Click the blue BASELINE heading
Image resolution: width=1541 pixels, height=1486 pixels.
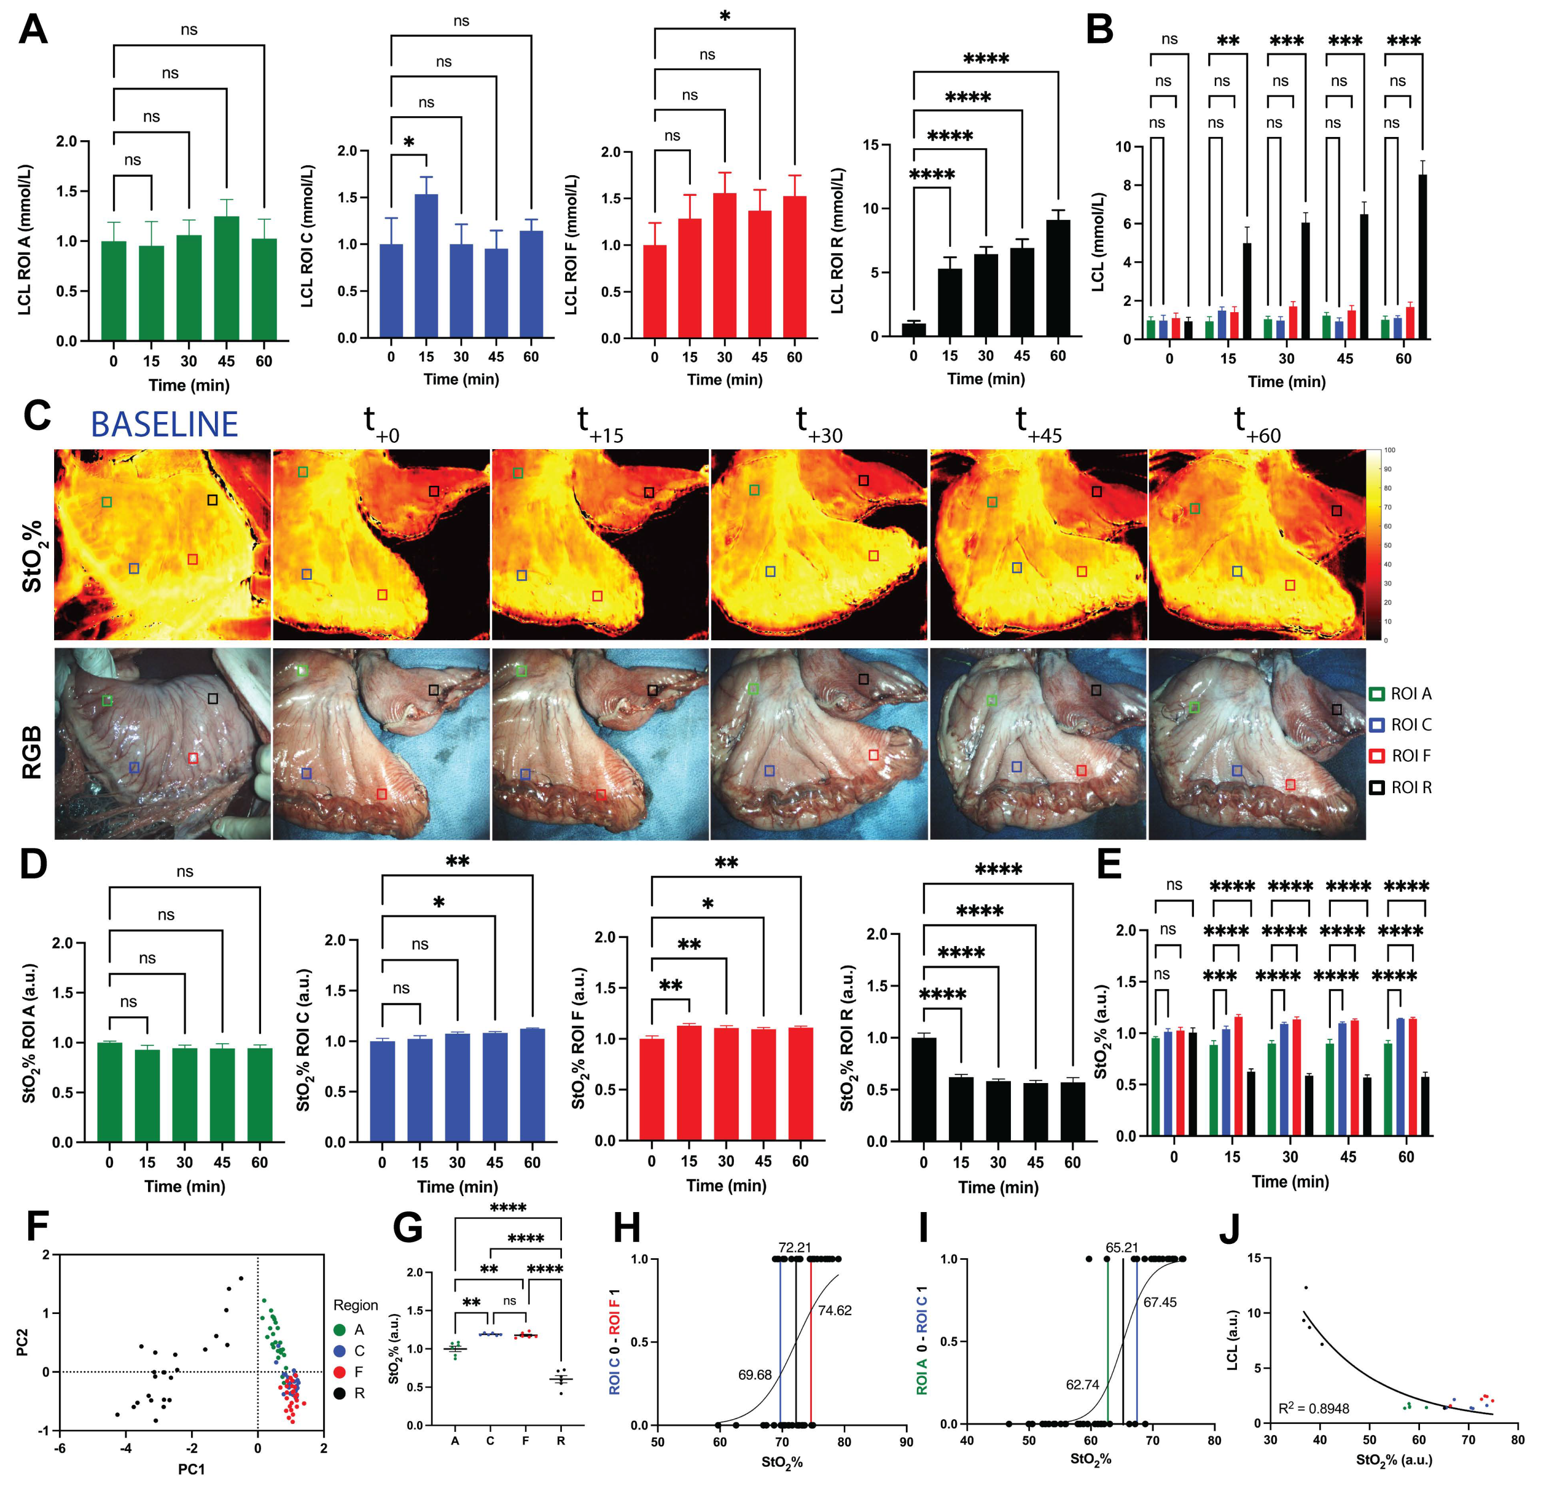(165, 425)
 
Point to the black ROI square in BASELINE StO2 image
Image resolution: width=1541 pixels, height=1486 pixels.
(212, 500)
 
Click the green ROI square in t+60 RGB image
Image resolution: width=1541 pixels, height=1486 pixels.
(1194, 708)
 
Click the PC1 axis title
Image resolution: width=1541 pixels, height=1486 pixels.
(191, 1468)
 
